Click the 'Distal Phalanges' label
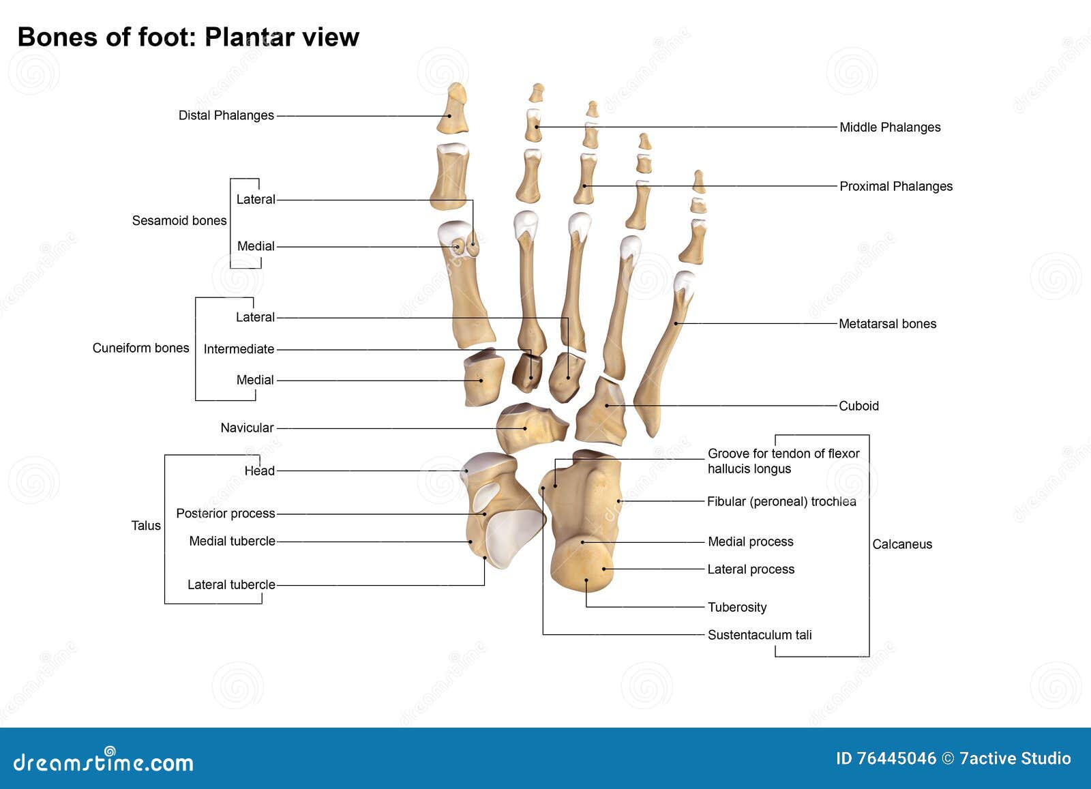[226, 115]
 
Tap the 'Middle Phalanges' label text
[889, 127]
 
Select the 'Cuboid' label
[858, 406]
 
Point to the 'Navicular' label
[247, 428]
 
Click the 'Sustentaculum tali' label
[759, 635]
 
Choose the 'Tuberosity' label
[736, 607]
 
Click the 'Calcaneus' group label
[901, 544]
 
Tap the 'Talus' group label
[145, 525]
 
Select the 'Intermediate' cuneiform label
[239, 349]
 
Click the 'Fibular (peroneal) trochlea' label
[781, 501]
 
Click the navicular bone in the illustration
[528, 428]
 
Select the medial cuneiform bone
[483, 379]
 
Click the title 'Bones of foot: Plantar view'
[188, 37]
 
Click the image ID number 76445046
[896, 758]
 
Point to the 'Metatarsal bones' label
[886, 324]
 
